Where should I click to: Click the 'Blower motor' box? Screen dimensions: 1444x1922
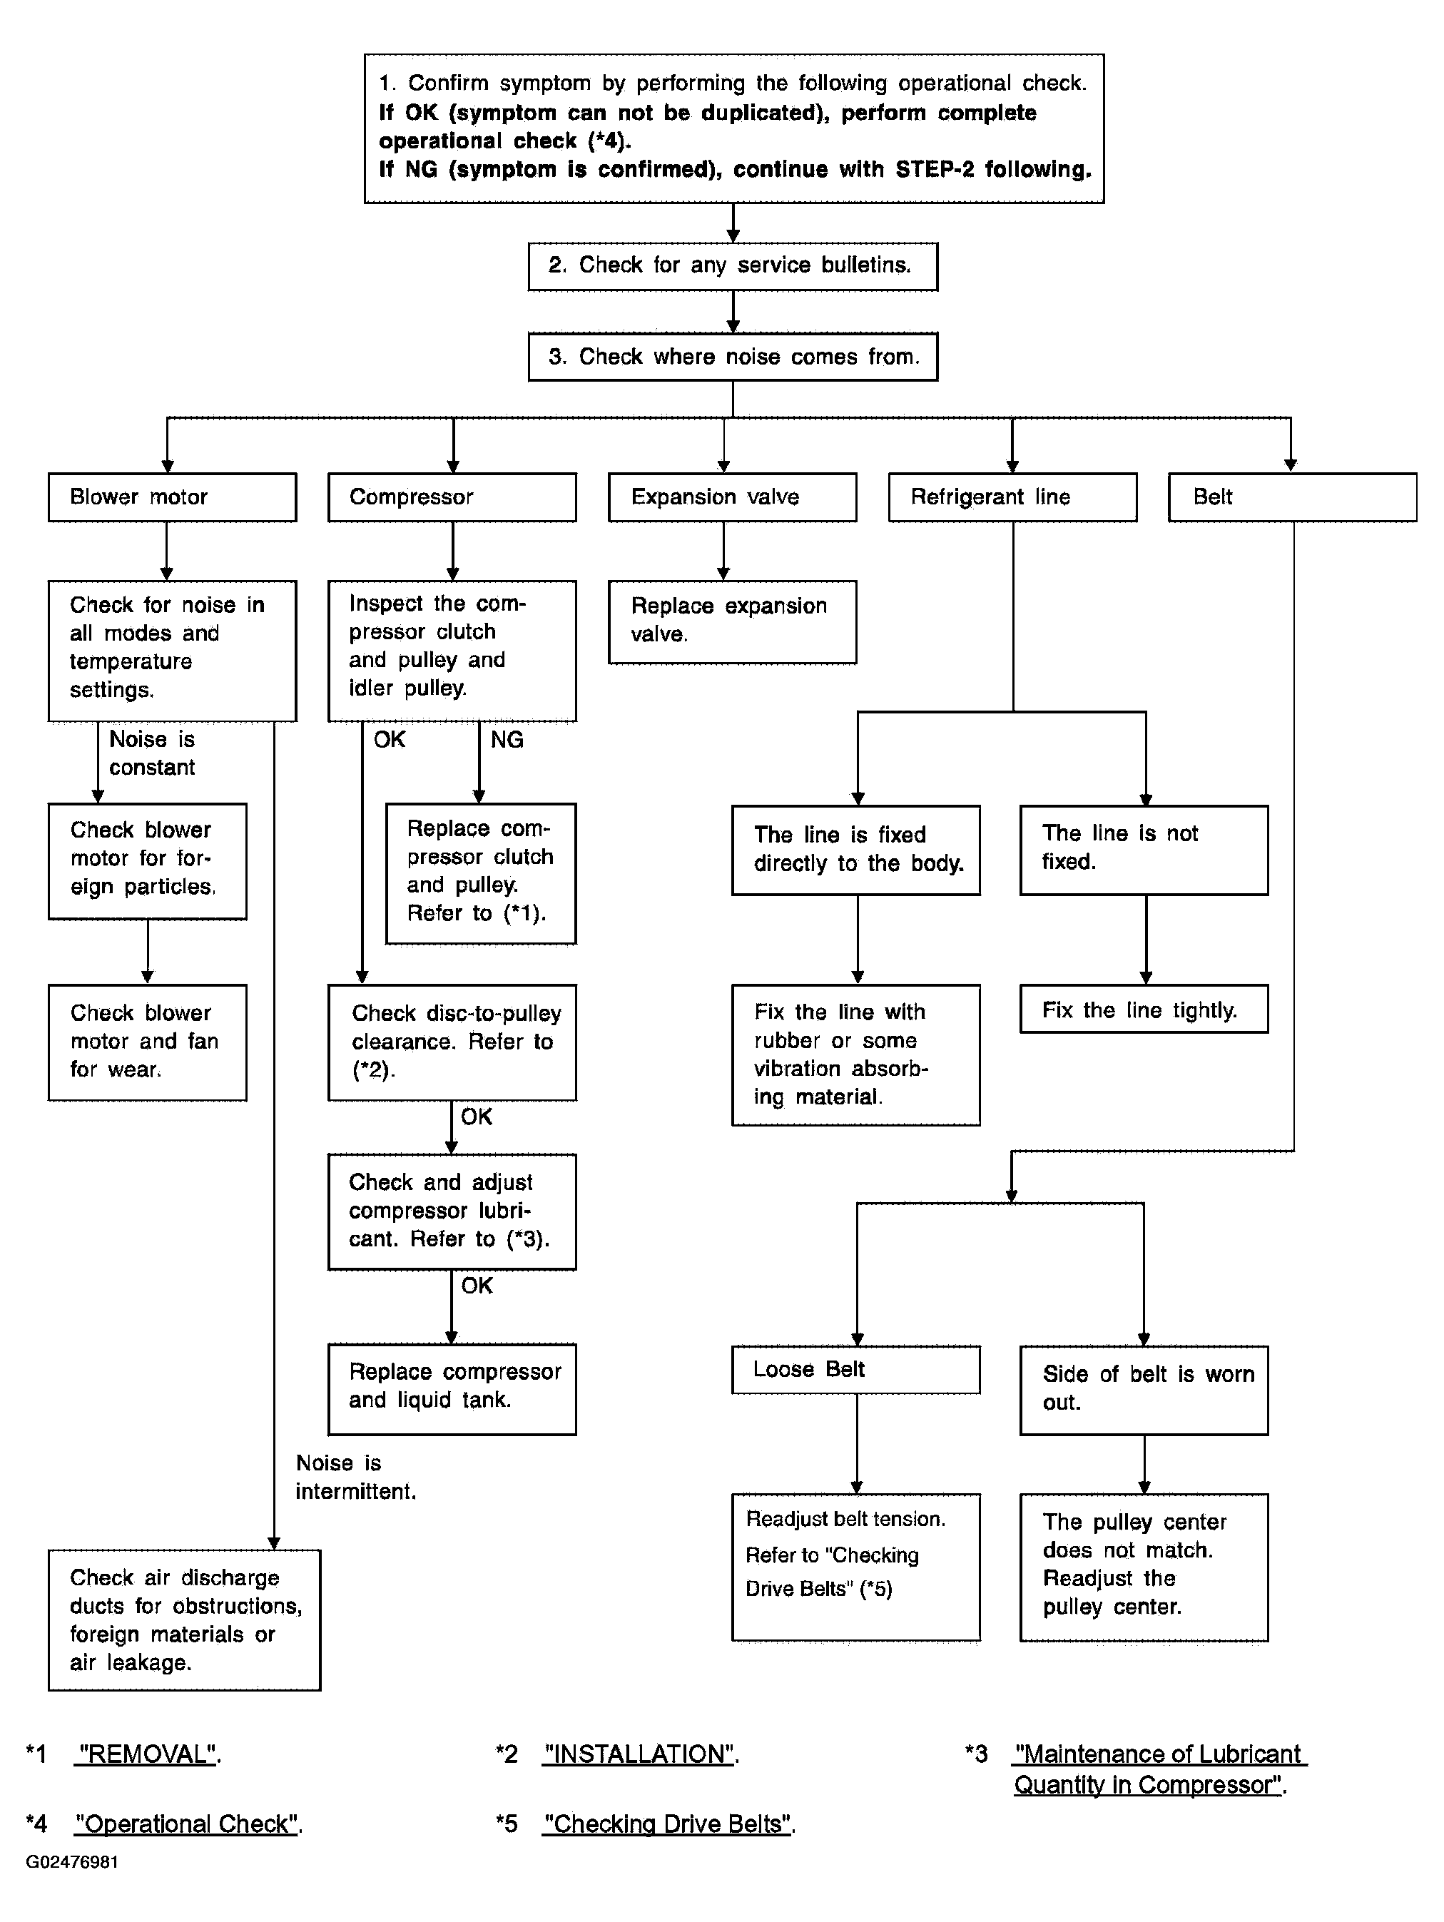point(172,497)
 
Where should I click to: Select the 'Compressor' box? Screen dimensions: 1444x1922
point(452,497)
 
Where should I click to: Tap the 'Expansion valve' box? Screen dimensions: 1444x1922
point(733,497)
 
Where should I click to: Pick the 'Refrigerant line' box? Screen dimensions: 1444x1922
point(1012,497)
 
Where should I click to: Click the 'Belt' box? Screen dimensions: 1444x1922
point(1293,497)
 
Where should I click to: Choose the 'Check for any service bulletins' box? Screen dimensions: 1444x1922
point(733,266)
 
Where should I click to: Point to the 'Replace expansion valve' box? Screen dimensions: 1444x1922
point(733,622)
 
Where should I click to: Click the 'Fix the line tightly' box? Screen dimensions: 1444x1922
point(1144,1009)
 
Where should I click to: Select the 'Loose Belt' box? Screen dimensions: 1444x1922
point(856,1369)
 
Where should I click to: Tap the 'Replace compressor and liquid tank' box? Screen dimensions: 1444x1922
point(452,1389)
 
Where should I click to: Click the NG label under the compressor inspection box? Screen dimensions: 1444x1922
point(507,739)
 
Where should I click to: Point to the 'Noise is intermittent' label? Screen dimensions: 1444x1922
point(355,1477)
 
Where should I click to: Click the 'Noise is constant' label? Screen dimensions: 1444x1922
point(152,753)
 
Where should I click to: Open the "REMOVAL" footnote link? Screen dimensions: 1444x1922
point(146,1754)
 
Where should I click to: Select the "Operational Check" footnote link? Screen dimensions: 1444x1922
point(187,1824)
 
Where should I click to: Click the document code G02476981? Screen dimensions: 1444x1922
point(72,1862)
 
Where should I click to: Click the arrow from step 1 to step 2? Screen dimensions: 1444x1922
point(733,223)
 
